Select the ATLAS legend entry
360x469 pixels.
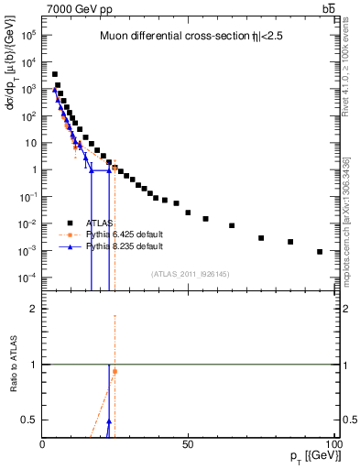(x=103, y=222)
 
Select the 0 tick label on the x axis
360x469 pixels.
(x=42, y=443)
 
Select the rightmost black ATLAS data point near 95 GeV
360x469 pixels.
(x=320, y=252)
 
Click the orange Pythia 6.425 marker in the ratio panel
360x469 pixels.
(x=115, y=371)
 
